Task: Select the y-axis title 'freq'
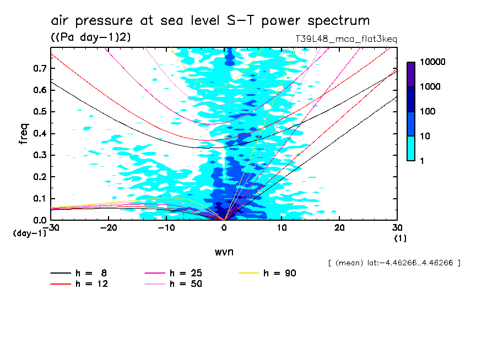[24, 134]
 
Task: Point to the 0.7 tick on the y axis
[40, 68]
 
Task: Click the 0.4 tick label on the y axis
[40, 134]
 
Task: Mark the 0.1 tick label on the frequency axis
[40, 199]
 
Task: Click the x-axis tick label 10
[282, 228]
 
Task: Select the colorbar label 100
[428, 112]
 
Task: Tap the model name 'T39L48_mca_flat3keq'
[346, 39]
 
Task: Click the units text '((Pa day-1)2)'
[91, 37]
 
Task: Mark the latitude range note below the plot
[393, 263]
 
